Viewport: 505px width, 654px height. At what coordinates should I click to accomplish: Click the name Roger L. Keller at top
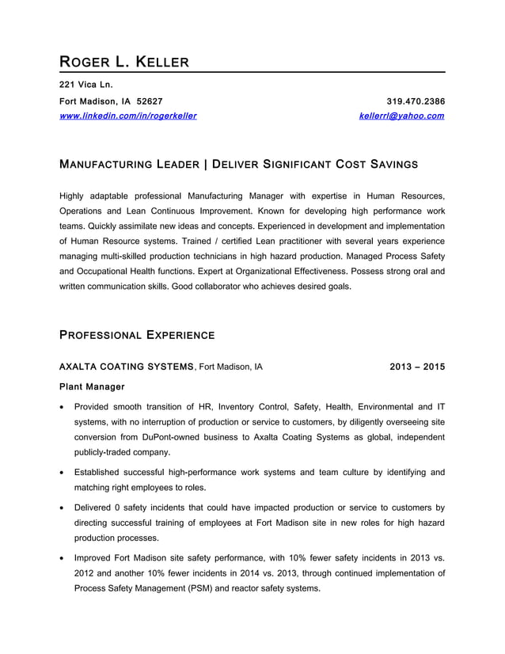[x=124, y=61]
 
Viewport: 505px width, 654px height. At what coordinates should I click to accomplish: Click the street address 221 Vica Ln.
[x=86, y=84]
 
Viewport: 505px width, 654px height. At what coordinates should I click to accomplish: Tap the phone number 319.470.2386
[x=415, y=101]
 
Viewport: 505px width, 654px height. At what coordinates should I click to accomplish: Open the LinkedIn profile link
[x=128, y=116]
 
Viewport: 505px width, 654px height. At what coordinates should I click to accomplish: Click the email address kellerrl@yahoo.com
[x=401, y=116]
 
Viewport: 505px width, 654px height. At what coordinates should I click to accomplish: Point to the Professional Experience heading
[x=137, y=335]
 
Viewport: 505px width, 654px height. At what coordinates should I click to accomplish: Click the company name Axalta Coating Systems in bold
[x=127, y=367]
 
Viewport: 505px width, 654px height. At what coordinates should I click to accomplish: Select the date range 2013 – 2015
[x=417, y=367]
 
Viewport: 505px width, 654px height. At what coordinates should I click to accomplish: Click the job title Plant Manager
[x=92, y=386]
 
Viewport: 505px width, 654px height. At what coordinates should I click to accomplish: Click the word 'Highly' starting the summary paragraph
[x=74, y=195]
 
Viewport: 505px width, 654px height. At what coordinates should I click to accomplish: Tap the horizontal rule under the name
[x=252, y=73]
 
